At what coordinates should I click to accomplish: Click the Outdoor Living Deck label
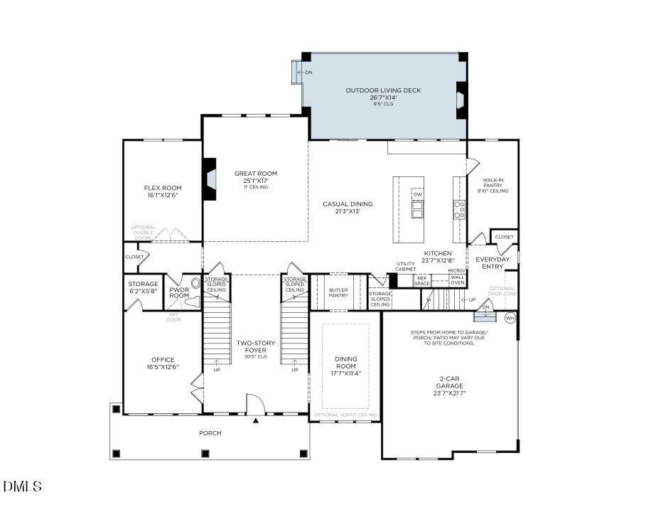point(383,90)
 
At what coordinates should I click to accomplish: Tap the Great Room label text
point(256,174)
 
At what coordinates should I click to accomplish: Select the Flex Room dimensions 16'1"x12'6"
point(163,195)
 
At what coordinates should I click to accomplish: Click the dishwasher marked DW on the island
point(417,194)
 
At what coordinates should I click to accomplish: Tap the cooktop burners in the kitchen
point(459,209)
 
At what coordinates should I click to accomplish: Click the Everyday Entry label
point(493,262)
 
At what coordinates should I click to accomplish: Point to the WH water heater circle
point(510,317)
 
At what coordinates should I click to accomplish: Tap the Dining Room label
point(345,363)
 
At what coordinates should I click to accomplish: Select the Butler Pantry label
point(338,292)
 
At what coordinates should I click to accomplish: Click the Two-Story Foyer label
point(256,347)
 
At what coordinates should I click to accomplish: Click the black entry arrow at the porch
point(255,420)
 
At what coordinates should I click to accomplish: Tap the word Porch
point(210,432)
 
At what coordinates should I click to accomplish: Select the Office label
point(163,360)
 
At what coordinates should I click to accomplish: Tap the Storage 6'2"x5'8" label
point(144,287)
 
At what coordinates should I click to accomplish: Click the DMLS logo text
point(23,487)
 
